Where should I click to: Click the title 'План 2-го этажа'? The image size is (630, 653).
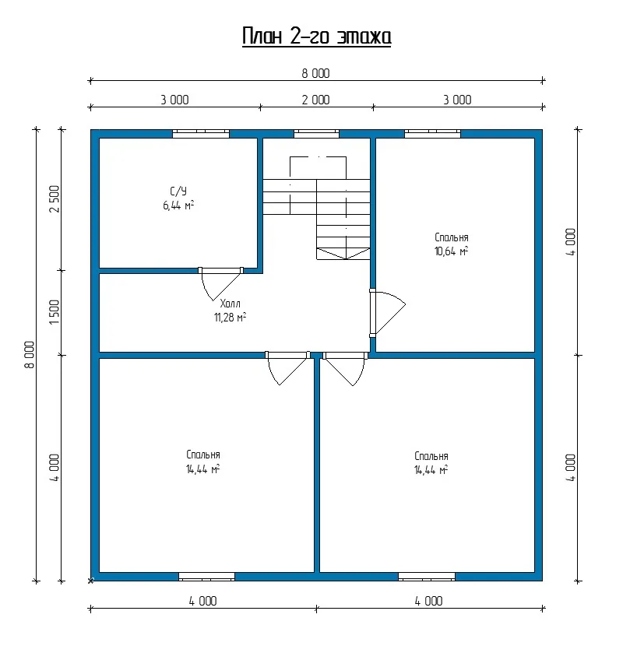tap(317, 37)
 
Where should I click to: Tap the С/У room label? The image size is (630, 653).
tap(178, 191)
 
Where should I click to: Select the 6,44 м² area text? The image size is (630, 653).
tap(178, 205)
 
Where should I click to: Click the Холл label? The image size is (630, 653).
tap(230, 304)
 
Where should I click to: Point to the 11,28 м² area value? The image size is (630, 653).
tap(230, 318)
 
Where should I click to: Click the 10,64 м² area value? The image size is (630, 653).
tap(451, 251)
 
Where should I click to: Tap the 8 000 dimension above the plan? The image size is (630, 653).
tap(315, 74)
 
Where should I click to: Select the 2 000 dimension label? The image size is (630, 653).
tap(315, 100)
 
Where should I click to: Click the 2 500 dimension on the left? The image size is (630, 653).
tap(55, 199)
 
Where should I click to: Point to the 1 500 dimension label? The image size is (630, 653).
tap(55, 312)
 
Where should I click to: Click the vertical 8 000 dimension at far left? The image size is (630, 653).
tap(30, 355)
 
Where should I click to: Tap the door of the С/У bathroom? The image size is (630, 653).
tap(220, 283)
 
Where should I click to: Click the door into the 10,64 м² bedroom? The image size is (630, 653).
tap(388, 312)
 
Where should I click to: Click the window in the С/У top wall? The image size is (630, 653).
tap(201, 134)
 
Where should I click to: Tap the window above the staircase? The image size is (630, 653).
tap(316, 134)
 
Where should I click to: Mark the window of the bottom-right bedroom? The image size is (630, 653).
tap(427, 577)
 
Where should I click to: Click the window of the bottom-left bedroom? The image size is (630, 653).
tap(206, 577)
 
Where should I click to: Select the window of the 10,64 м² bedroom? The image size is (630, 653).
tap(432, 134)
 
